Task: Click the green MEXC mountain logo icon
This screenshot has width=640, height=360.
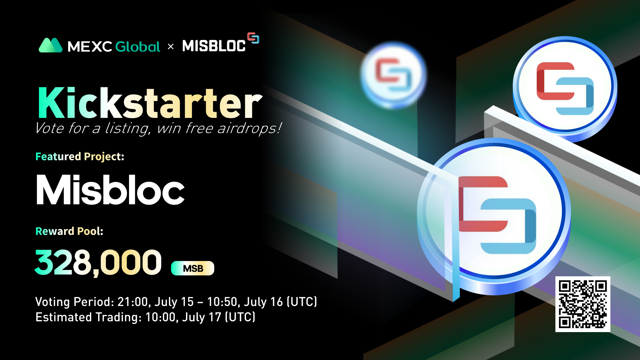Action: [x=50, y=45]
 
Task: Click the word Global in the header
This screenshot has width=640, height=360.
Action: [x=138, y=46]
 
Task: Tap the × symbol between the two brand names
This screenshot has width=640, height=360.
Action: [x=171, y=46]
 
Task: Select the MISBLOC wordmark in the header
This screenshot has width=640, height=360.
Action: [x=214, y=46]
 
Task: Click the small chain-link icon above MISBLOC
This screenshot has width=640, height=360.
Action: [x=253, y=38]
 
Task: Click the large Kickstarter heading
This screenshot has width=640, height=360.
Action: [x=150, y=103]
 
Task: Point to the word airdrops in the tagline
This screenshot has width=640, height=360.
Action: [x=249, y=128]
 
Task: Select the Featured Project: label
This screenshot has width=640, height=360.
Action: [x=80, y=157]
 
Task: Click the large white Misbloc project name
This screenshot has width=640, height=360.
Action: [x=110, y=190]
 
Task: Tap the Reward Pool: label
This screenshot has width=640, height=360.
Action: [x=69, y=231]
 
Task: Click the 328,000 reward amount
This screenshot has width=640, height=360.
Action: [x=98, y=262]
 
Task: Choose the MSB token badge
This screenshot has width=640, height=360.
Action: [x=193, y=268]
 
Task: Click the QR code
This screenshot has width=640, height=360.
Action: [x=583, y=304]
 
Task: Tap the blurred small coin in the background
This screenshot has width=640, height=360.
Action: [x=393, y=75]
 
